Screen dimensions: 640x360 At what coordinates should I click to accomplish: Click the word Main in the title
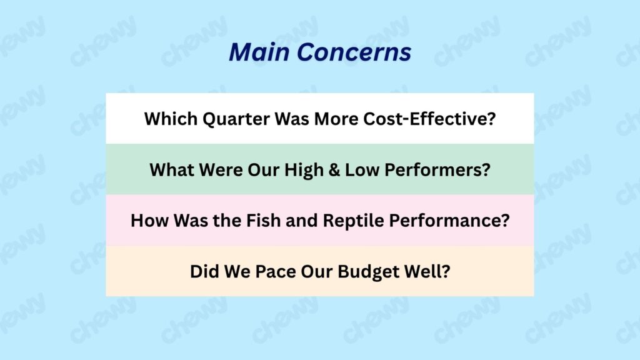(259, 52)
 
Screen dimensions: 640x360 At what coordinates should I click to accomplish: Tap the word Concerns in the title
(354, 52)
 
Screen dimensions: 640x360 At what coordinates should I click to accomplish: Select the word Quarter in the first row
(236, 119)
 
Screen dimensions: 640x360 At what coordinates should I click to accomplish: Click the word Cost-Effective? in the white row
(429, 119)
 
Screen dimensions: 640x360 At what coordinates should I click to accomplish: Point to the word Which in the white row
(171, 119)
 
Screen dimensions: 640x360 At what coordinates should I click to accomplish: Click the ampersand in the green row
(334, 170)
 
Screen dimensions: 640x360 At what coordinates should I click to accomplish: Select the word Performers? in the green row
(437, 170)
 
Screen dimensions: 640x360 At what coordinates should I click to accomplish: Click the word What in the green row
(171, 170)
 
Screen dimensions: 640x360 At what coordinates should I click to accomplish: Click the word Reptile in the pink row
(354, 221)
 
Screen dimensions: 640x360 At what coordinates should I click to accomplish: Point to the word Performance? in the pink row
(449, 221)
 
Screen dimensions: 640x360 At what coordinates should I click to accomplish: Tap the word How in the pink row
(149, 221)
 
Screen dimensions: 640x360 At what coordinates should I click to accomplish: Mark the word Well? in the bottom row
(427, 271)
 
